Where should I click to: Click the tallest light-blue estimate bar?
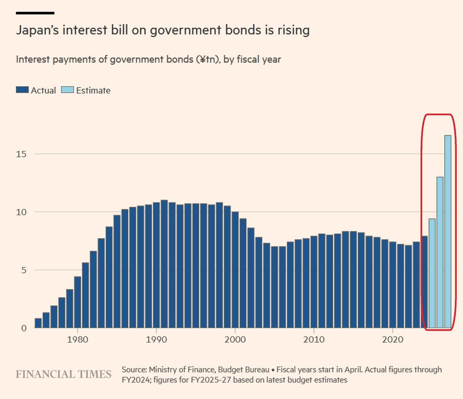pos(448,232)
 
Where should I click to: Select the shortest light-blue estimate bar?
pos(432,273)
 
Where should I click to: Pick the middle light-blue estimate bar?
pos(440,252)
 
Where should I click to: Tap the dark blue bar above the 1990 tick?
pos(156,265)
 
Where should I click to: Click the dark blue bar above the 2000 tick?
pos(235,270)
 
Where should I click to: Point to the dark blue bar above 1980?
pos(78,302)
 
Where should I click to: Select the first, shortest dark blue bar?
pos(38,323)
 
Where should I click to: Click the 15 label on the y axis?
pos(21,154)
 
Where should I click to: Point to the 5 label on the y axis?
pos(24,270)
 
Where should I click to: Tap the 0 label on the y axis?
pos(24,328)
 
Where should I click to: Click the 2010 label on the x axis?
pos(314,340)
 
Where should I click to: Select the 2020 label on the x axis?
pos(393,340)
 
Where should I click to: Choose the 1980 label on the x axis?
pos(78,340)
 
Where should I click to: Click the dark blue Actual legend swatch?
pos(22,90)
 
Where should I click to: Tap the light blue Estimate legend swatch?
pos(68,90)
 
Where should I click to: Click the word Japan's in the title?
pos(37,30)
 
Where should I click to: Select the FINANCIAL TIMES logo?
pos(63,374)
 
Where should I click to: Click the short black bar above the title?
pos(35,13)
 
